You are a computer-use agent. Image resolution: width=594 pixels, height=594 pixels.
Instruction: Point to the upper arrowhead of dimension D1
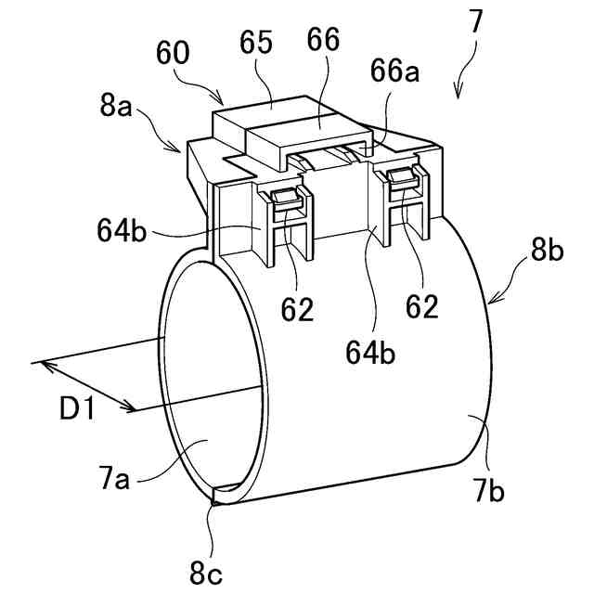[x=41, y=364]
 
